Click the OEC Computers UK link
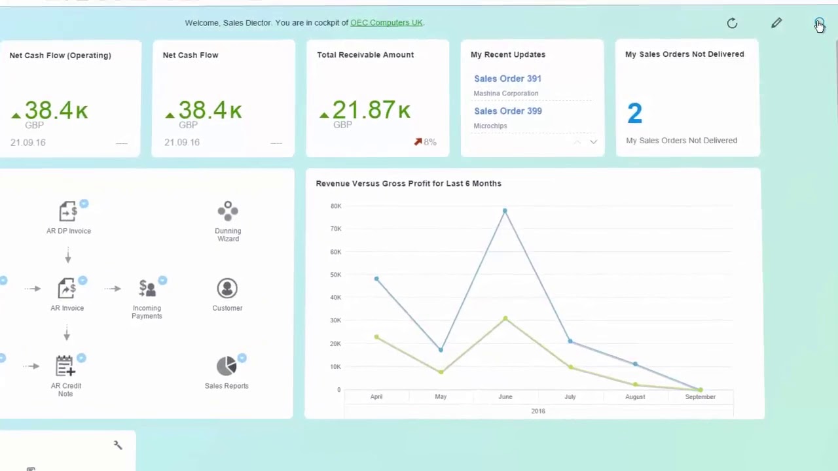[386, 23]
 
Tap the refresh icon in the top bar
[732, 24]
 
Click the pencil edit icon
[776, 24]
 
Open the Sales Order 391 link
[507, 78]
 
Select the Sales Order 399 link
[507, 111]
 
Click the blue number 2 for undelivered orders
[634, 114]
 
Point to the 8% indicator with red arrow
[425, 142]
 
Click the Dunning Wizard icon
[228, 211]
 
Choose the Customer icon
[227, 288]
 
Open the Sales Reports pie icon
[227, 366]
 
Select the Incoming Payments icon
[147, 288]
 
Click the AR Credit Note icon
[65, 366]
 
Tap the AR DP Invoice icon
[68, 211]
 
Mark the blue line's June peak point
[505, 211]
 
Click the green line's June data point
[505, 319]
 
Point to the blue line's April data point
[376, 279]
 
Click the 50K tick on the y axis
[335, 275]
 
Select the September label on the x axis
[700, 397]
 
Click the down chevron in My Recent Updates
[593, 142]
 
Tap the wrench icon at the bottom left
[118, 445]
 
